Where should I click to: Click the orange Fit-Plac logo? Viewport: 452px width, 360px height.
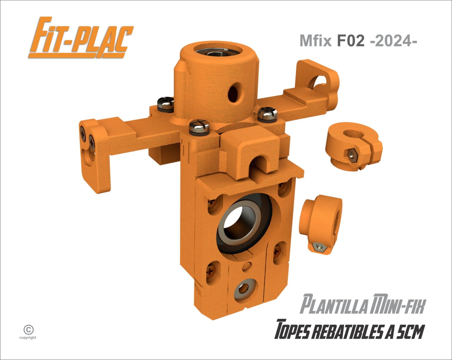pos(81,38)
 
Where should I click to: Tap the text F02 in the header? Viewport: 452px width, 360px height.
pos(350,41)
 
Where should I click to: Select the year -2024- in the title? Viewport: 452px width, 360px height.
pos(393,41)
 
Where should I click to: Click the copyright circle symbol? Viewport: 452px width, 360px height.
pos(29,330)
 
